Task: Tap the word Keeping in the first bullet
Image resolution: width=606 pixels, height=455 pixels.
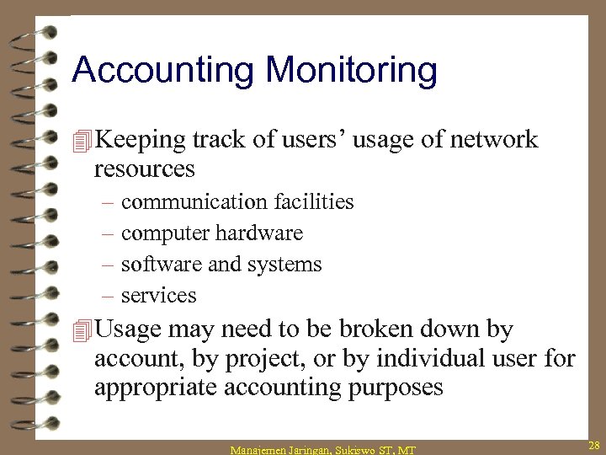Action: pos(141,140)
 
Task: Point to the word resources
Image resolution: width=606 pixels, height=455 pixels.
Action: pos(145,169)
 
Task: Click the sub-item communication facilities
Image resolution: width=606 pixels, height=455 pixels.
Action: pos(237,202)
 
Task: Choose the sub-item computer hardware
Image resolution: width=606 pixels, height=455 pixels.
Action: pos(212,233)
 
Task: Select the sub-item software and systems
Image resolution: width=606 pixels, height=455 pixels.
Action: pos(221,265)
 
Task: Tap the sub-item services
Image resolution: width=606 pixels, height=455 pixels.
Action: pos(159,296)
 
